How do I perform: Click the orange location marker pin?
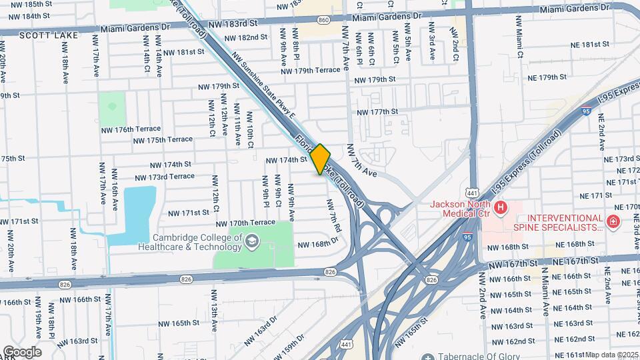(321, 159)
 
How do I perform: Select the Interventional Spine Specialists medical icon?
(611, 221)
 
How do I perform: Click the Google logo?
(21, 351)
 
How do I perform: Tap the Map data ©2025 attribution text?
(612, 355)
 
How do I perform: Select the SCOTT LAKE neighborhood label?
(44, 35)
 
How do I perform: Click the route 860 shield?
(324, 20)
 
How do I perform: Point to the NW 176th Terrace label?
(131, 129)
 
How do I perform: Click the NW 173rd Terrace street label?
(165, 177)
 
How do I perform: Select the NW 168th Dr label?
(323, 244)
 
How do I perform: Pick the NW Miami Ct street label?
(519, 34)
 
